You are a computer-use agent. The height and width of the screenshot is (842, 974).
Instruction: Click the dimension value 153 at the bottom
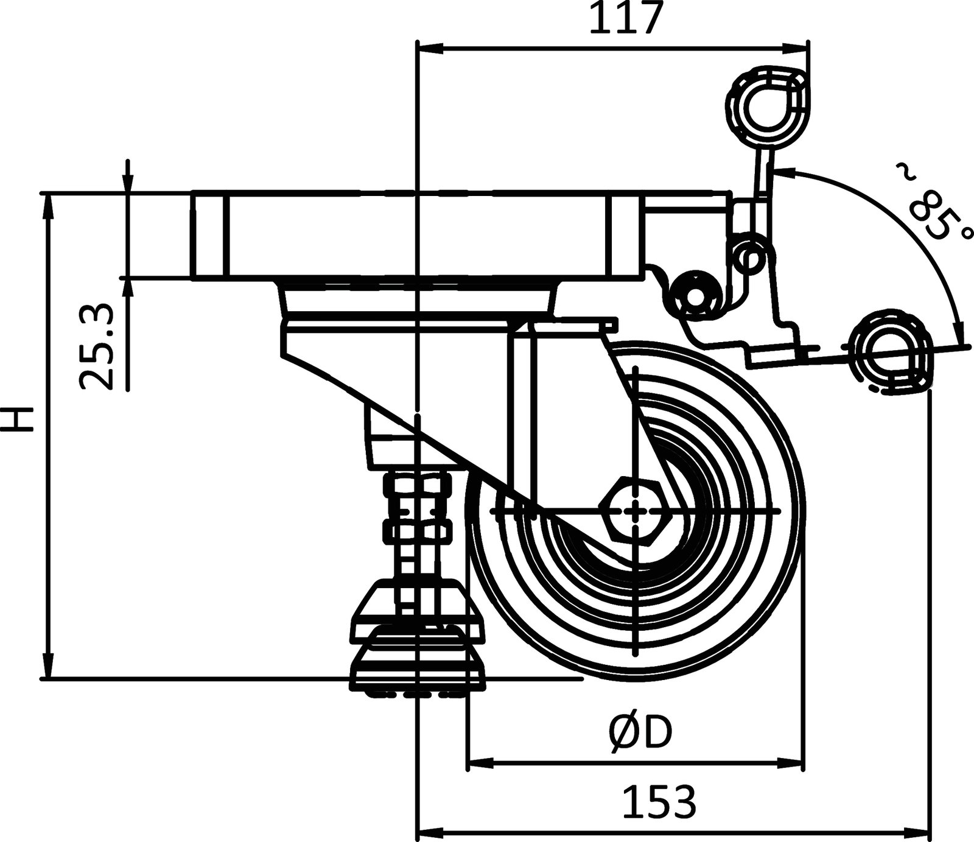click(x=659, y=802)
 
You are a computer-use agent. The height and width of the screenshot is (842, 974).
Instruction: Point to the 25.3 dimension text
click(x=97, y=346)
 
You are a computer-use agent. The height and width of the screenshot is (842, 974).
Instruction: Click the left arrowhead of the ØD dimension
click(x=478, y=762)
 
